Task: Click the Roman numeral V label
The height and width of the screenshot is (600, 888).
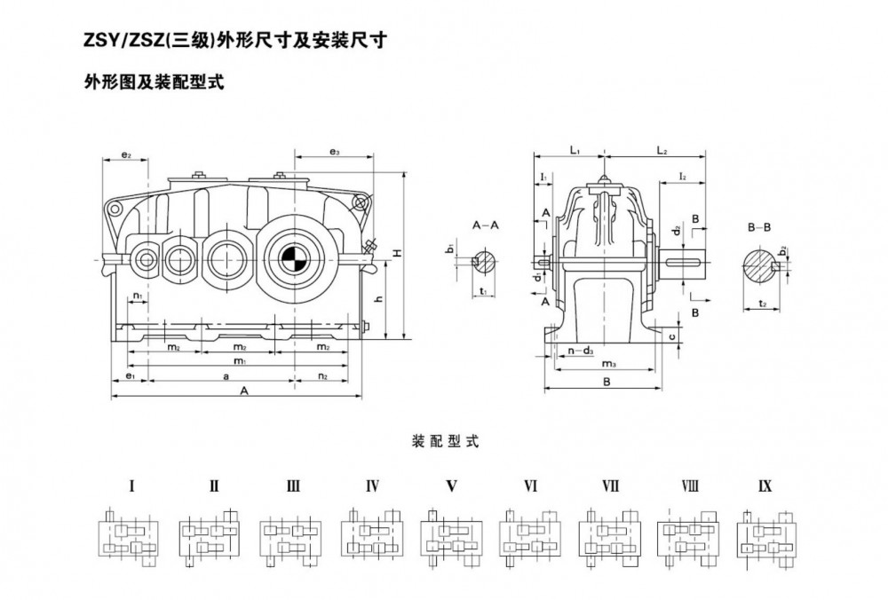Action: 451,486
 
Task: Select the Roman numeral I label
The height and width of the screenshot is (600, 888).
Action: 131,486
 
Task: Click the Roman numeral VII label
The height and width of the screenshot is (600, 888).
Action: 610,486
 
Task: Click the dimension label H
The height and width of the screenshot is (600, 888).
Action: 399,254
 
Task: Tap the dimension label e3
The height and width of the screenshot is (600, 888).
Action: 335,153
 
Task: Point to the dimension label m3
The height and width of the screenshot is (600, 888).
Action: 609,364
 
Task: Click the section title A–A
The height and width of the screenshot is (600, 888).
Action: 485,226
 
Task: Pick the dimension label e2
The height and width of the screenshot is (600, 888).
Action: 126,155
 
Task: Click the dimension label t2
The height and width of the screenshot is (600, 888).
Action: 763,304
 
